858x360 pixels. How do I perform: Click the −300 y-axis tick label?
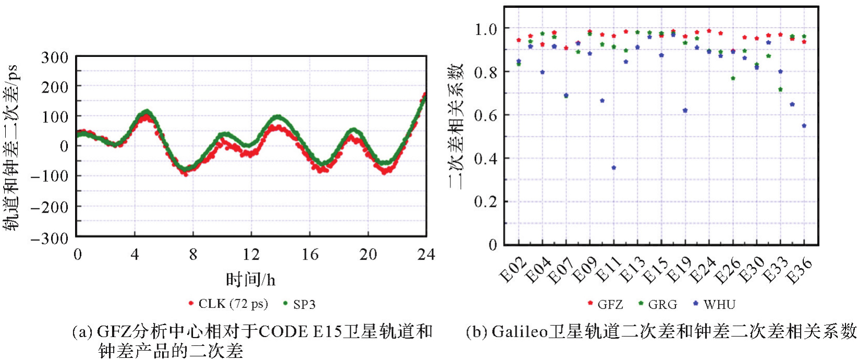click(x=50, y=238)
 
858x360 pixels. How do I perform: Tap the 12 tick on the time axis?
click(x=251, y=254)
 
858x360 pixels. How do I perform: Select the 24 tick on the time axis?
click(x=426, y=254)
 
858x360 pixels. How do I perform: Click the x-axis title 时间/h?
click(x=251, y=280)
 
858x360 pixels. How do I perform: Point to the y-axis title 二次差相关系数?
click(x=455, y=126)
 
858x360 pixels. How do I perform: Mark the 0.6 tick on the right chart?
click(x=485, y=115)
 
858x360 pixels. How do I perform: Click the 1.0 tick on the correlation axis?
click(x=485, y=29)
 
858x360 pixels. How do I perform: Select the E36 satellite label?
click(x=799, y=270)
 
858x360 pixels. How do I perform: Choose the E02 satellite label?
click(x=513, y=270)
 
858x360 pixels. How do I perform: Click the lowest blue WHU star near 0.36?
click(x=614, y=168)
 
